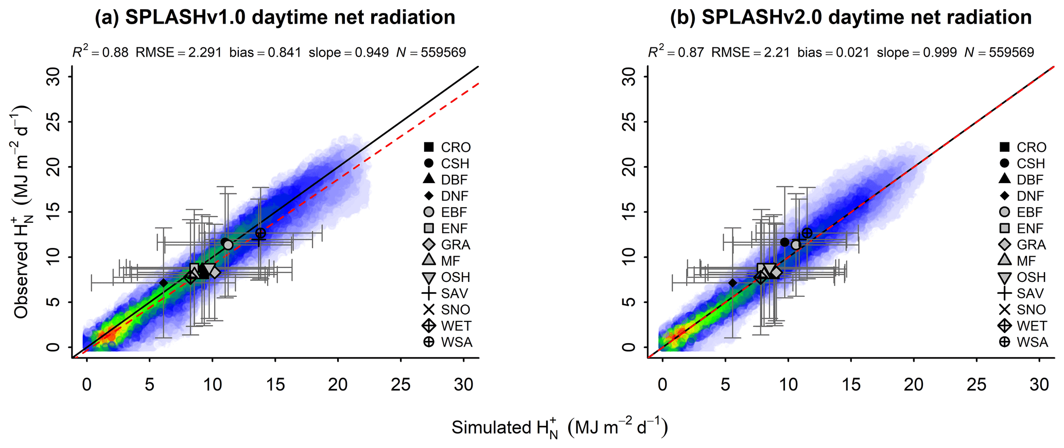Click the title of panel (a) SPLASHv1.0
(x=275, y=17)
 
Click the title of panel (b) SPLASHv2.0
(x=850, y=17)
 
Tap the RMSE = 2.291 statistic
(x=179, y=52)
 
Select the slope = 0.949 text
(x=348, y=52)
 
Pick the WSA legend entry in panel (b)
(x=1023, y=342)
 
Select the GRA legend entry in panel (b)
(x=1023, y=245)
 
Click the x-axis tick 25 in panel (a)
(x=400, y=384)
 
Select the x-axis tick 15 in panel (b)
(x=851, y=384)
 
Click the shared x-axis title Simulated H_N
(x=560, y=428)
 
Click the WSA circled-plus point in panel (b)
(x=807, y=233)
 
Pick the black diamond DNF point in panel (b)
(x=732, y=282)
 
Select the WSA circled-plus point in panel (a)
(x=260, y=233)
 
